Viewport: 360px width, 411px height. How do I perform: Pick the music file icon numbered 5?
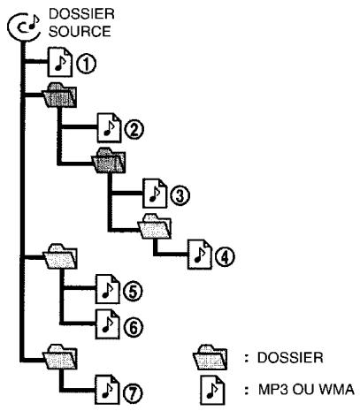click(106, 290)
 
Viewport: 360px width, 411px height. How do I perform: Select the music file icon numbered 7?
click(105, 387)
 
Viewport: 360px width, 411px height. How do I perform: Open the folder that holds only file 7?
click(63, 357)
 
